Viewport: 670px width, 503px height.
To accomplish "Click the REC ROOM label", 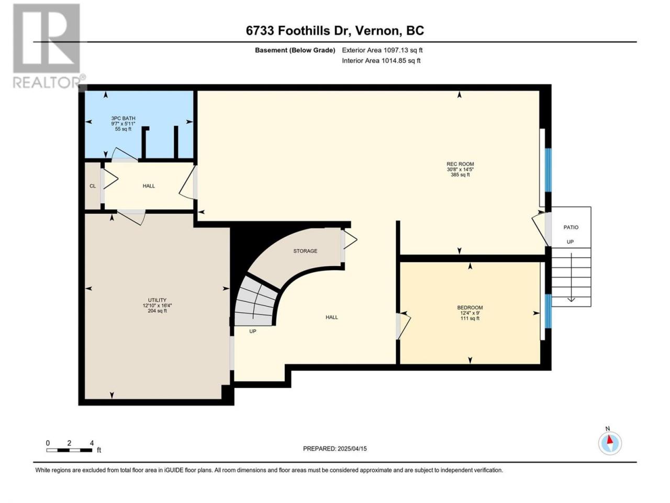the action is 460,164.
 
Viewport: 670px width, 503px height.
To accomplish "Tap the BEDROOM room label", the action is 470,308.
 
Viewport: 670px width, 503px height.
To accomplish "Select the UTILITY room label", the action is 157,300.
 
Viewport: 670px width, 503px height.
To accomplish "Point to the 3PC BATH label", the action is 123,118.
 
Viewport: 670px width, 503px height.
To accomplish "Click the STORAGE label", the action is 305,251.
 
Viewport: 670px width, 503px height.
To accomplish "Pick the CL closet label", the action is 93,186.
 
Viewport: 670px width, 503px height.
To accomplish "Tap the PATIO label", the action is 571,227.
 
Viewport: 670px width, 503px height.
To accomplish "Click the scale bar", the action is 69,450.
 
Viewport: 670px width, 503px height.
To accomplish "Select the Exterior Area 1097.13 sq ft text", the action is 382,50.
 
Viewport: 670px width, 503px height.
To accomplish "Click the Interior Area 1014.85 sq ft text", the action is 381,60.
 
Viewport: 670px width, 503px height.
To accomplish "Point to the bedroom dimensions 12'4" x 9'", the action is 470,313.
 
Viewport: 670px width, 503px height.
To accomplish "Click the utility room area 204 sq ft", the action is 157,311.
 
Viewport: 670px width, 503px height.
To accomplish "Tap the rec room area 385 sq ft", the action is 460,175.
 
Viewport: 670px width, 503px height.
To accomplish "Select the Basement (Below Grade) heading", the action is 295,50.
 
